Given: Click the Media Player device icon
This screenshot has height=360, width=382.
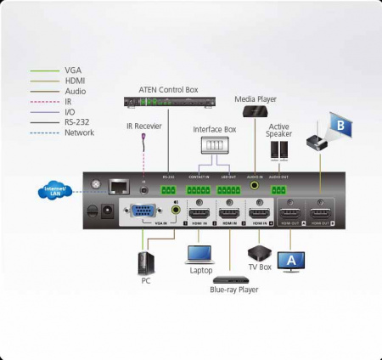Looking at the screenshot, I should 255,111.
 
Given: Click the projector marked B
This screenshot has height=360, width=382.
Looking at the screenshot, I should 328,132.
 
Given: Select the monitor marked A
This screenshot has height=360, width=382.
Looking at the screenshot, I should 291,259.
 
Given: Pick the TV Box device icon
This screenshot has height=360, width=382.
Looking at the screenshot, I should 257,251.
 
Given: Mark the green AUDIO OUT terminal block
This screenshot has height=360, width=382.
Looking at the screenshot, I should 279,188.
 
